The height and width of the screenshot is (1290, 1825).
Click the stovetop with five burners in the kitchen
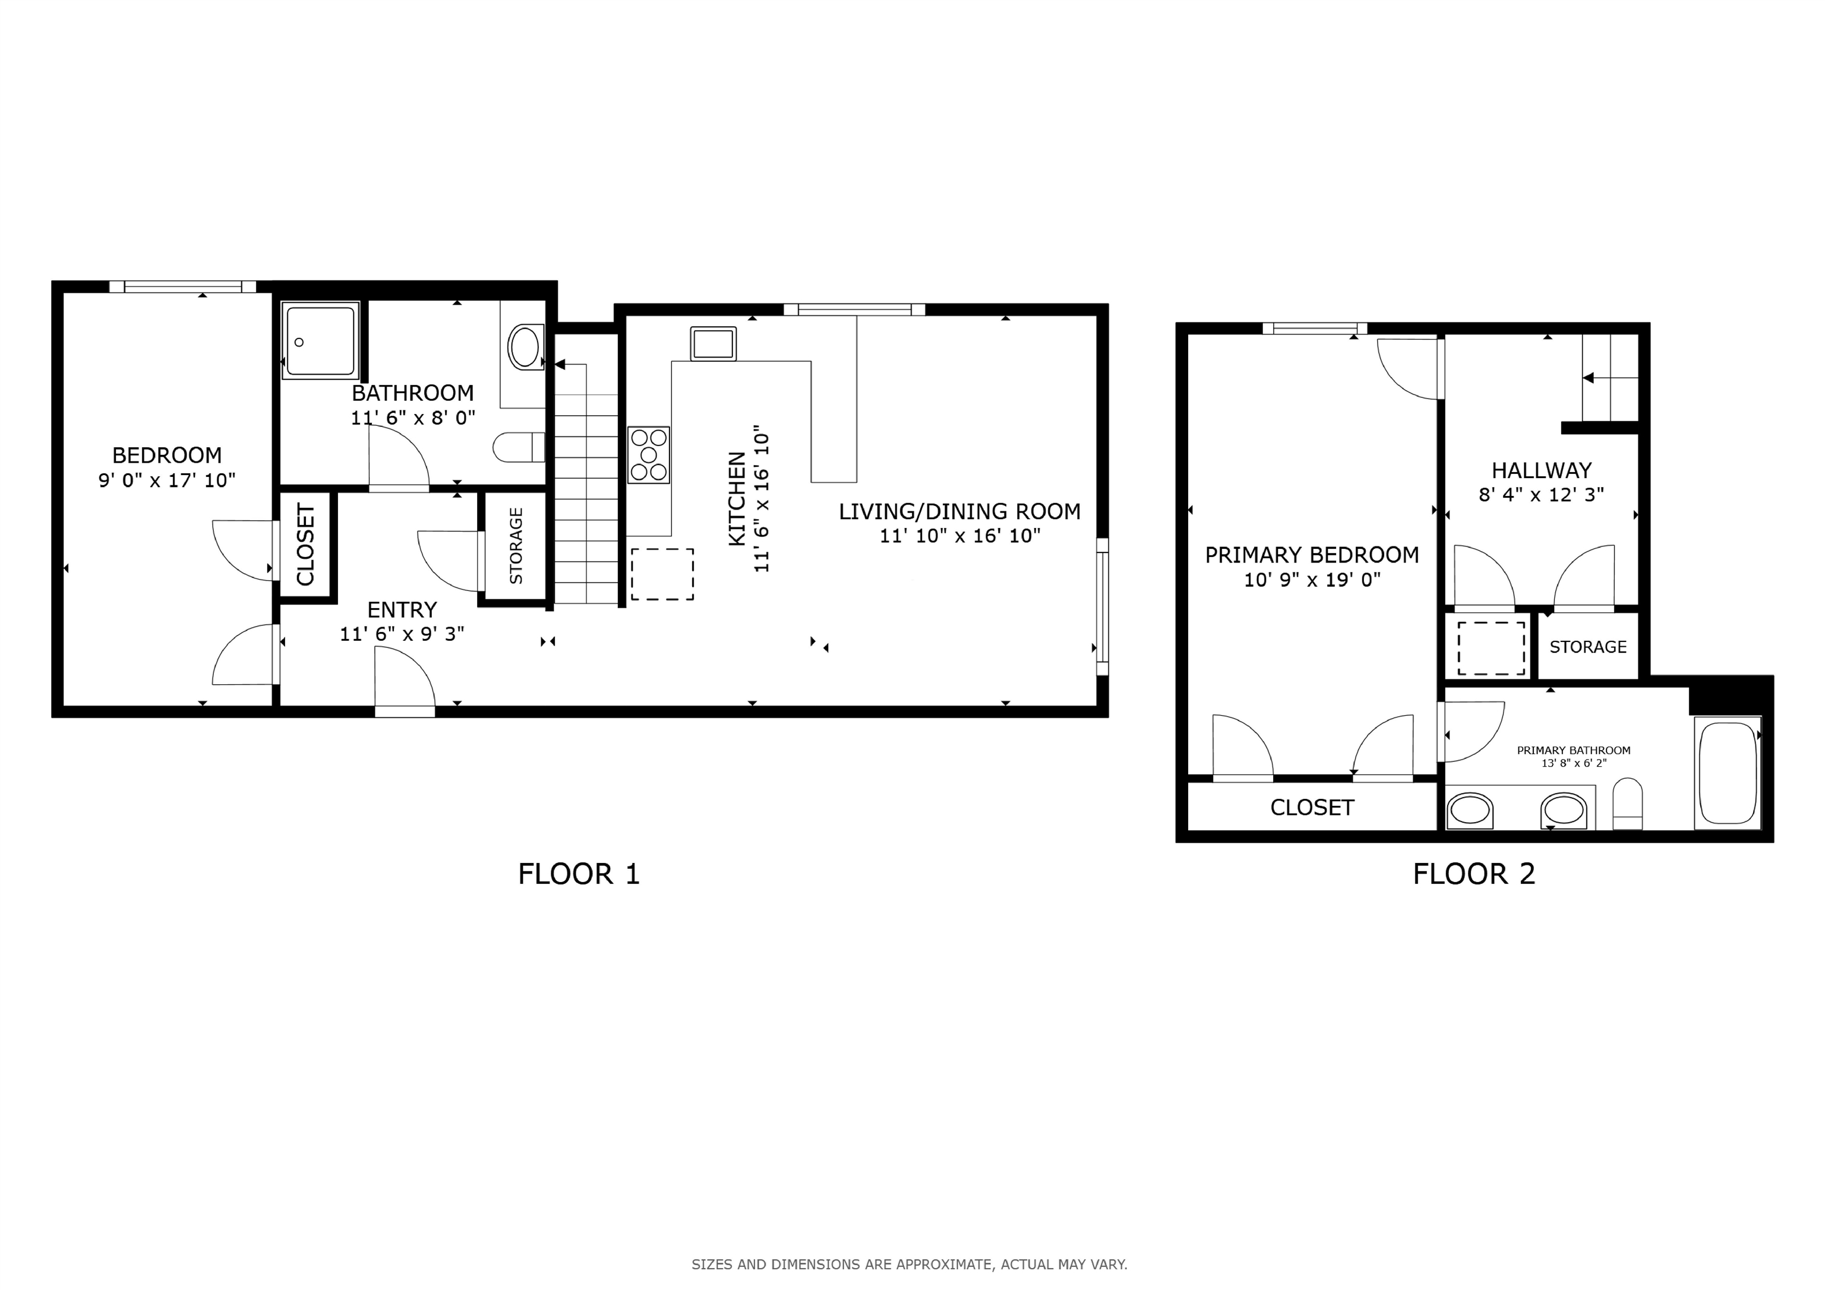pyautogui.click(x=649, y=454)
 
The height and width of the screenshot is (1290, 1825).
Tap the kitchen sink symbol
pyautogui.click(x=713, y=343)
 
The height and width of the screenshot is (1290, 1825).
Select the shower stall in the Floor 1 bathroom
pyautogui.click(x=320, y=340)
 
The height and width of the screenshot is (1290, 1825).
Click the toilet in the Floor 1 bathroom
pyautogui.click(x=518, y=447)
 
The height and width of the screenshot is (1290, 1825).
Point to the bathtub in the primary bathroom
pyautogui.click(x=1727, y=773)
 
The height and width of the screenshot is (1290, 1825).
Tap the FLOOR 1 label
pyautogui.click(x=578, y=874)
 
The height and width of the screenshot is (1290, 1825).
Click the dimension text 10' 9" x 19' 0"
pyautogui.click(x=1312, y=580)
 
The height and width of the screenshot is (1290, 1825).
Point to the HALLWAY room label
pyautogui.click(x=1540, y=470)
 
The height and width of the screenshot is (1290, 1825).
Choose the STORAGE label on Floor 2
pyautogui.click(x=1587, y=647)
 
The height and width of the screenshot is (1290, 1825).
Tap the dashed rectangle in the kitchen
pyautogui.click(x=662, y=574)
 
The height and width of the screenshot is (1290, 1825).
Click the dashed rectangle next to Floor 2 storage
pyautogui.click(x=1491, y=648)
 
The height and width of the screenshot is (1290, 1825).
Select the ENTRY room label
pyautogui.click(x=402, y=609)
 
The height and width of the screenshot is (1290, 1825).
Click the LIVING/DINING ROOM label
pyautogui.click(x=959, y=511)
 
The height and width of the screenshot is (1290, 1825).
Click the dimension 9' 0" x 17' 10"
pyautogui.click(x=167, y=480)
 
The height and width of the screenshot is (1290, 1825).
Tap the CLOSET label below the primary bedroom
pyautogui.click(x=1312, y=808)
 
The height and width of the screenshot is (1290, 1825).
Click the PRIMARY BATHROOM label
pyautogui.click(x=1573, y=750)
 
